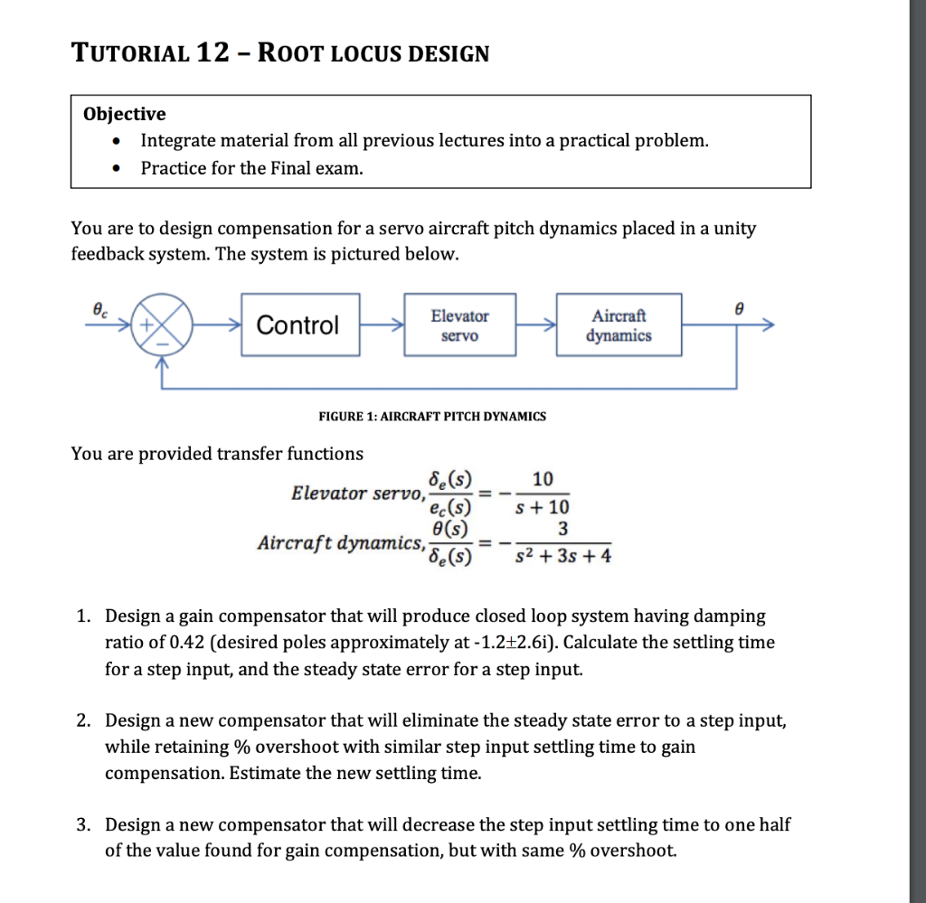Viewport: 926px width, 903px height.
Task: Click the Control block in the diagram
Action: click(x=299, y=325)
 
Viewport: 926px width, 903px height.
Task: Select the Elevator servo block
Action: click(x=459, y=325)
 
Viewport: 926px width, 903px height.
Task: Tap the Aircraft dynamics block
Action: click(x=619, y=325)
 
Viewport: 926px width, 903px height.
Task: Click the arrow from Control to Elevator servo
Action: click(x=381, y=325)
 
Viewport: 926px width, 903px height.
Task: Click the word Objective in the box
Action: click(x=124, y=114)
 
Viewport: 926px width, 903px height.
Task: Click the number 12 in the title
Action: click(x=213, y=53)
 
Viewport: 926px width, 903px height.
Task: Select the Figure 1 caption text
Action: click(x=432, y=416)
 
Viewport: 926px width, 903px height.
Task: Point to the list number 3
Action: click(x=82, y=824)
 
